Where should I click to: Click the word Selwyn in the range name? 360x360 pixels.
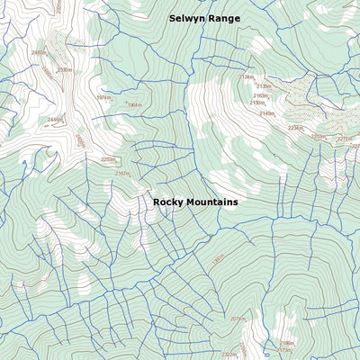(x=187, y=18)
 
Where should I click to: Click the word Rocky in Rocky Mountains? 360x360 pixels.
(x=168, y=202)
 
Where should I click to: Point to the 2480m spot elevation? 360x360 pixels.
(x=39, y=53)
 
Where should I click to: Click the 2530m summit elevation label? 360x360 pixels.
(x=64, y=70)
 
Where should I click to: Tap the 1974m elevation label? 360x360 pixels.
(x=103, y=97)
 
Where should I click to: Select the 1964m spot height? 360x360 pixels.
(x=134, y=105)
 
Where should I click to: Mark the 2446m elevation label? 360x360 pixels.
(x=54, y=120)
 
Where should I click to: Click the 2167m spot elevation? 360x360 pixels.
(x=122, y=174)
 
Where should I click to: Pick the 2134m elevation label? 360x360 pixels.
(x=246, y=77)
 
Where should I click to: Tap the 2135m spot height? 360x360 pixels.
(x=264, y=86)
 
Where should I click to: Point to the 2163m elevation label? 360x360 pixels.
(x=260, y=95)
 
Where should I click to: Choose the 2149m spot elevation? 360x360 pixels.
(x=267, y=113)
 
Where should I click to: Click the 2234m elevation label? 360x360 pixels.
(x=295, y=128)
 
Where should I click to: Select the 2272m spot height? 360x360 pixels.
(x=345, y=139)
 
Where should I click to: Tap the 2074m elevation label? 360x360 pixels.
(x=238, y=319)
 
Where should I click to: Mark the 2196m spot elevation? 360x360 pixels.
(x=287, y=343)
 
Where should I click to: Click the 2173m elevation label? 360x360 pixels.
(x=285, y=351)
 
